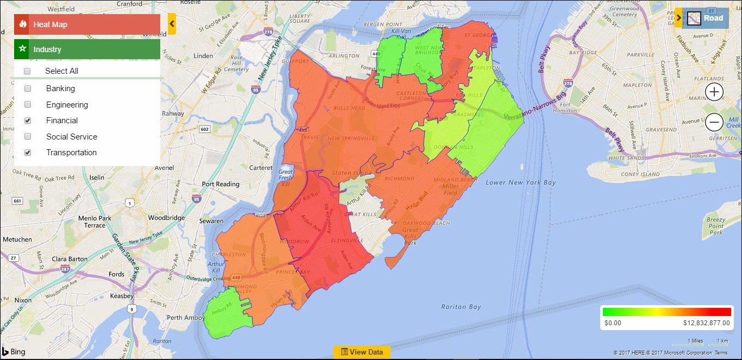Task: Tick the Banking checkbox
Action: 28,89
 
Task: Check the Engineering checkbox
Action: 28,104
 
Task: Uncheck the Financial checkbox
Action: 28,121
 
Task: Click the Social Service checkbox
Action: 28,137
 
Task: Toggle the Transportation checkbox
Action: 28,153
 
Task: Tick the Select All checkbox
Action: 27,71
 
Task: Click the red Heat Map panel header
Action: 87,24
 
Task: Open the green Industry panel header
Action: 87,49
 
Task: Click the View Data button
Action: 362,352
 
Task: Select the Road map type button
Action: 705,18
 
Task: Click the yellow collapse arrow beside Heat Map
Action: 172,24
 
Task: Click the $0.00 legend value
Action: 613,323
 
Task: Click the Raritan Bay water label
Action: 461,307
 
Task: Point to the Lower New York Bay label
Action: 520,182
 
